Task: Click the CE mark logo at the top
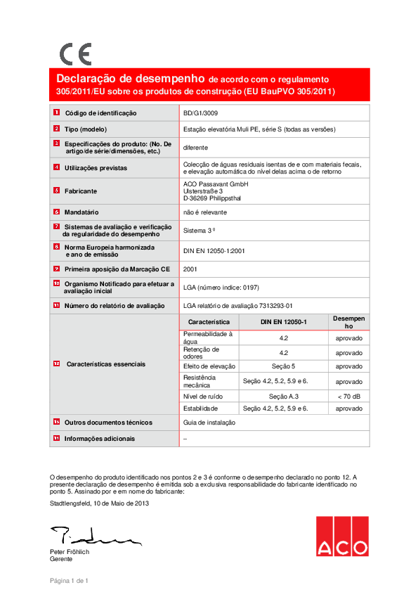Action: pos(75,54)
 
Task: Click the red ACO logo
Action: pos(341,536)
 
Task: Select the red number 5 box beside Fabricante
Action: pos(56,191)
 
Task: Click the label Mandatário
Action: pos(81,212)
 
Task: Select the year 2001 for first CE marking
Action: pos(190,268)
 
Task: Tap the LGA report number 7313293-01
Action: pos(237,305)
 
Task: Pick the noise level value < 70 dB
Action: pos(349,397)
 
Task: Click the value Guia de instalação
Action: pos(209,423)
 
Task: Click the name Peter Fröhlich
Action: pos(70,552)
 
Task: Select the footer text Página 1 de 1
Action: pos(68,580)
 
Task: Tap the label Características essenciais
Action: pos(106,364)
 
